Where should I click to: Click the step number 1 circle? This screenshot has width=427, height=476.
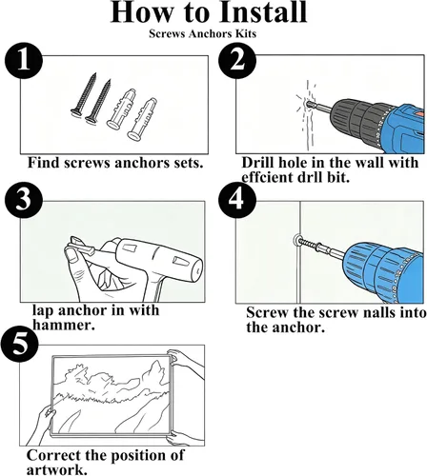24,61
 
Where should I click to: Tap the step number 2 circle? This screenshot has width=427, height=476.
237,60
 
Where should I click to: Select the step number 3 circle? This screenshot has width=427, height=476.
24,199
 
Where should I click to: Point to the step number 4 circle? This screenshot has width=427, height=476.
237,199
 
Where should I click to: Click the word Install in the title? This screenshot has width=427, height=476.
264,12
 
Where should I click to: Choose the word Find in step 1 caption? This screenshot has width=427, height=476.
44,163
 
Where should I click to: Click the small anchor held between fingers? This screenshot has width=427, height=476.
82,245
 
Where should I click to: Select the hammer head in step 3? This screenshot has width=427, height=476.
159,259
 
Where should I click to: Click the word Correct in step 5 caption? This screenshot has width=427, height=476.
53,456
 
